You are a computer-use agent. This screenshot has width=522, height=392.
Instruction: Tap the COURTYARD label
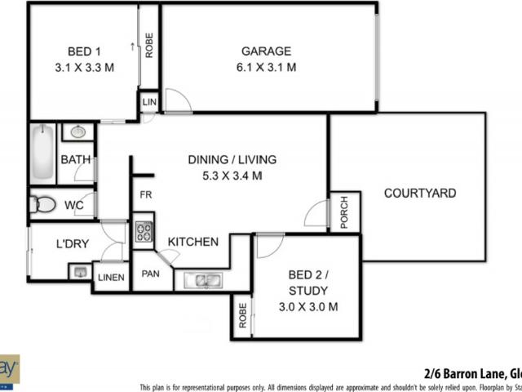pos(420,194)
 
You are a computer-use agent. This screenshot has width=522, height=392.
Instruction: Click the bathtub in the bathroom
pos(42,153)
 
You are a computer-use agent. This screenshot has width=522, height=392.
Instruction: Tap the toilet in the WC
pos(45,204)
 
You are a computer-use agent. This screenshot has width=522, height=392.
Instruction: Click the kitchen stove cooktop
pos(143,231)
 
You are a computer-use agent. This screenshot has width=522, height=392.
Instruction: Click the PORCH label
pos(344,210)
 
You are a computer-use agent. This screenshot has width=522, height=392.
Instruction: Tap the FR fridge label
pos(146,194)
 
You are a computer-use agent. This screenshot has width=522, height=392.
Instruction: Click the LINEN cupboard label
pos(111,278)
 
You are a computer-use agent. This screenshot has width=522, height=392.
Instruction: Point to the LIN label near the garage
pos(148,102)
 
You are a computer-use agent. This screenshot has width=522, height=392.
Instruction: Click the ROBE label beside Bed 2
pos(242,316)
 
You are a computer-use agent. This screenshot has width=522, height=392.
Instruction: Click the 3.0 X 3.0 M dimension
pos(307,306)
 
